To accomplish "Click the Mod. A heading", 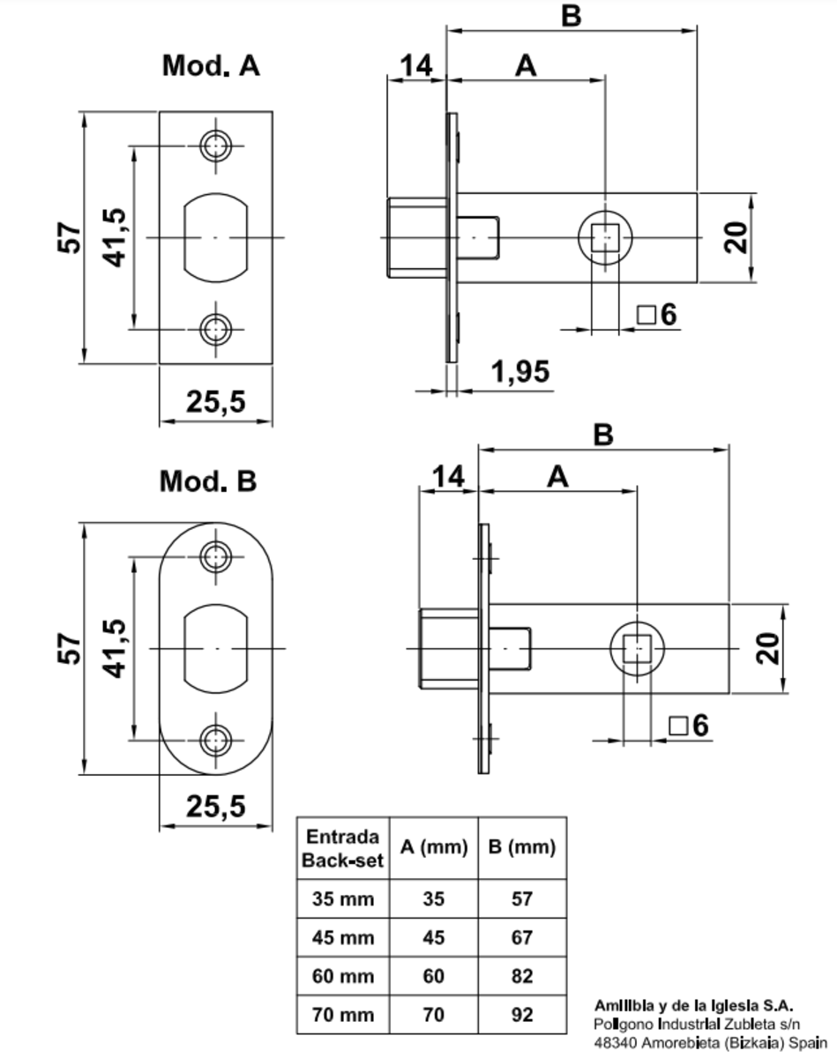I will coord(211,66).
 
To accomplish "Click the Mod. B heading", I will coord(208,481).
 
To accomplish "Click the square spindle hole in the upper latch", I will coord(604,238).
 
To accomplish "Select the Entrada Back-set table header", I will coord(342,848).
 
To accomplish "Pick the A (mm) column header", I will coord(433,848).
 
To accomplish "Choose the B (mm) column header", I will coord(521,848).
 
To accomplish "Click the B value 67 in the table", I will coord(522,938).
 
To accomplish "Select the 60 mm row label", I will coord(342,977).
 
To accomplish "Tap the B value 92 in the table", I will coord(522,1016).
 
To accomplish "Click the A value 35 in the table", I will coord(433,899).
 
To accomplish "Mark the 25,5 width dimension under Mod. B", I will coord(215,806).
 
